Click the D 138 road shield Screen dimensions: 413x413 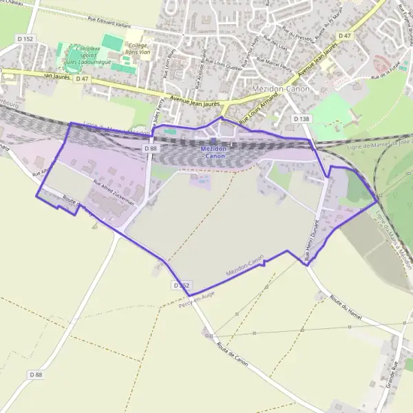coord(301,119)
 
